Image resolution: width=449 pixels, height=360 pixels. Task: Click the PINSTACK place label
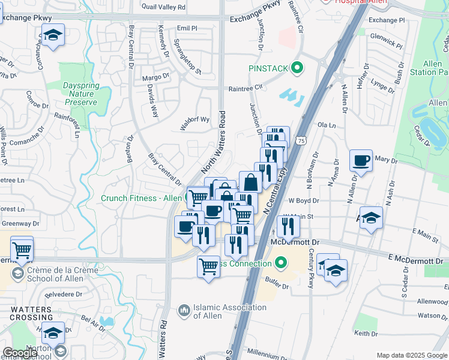coord(269,69)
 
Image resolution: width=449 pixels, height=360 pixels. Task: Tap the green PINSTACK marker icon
coord(296,69)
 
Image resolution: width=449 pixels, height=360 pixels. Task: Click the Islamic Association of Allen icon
coord(183,311)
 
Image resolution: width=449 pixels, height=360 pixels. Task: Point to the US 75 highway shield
coord(301,140)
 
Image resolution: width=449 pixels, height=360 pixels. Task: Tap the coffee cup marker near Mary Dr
coord(361,161)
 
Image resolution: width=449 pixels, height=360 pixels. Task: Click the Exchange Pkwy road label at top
coord(255,20)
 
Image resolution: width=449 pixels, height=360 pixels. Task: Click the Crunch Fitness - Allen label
coord(142,199)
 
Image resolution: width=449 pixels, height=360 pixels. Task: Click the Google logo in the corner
coord(20,353)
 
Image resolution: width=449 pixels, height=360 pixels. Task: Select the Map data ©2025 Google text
coord(412,355)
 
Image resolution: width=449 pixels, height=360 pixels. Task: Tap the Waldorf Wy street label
coord(195,119)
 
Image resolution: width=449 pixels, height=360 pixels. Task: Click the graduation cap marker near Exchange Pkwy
coord(53,35)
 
